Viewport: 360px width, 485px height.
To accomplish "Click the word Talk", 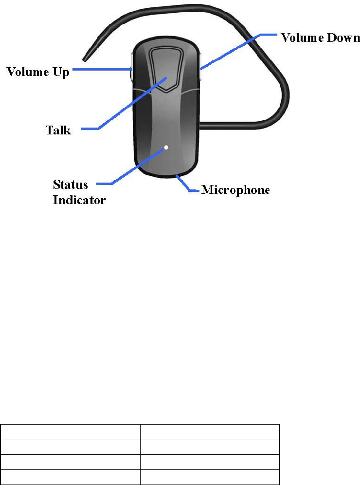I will pos(58,130).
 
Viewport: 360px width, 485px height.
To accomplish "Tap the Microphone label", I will pos(235,189).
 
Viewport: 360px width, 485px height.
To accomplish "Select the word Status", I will pos(71,185).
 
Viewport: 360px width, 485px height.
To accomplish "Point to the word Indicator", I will pos(79,200).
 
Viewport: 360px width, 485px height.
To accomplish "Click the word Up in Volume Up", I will pos(60,73).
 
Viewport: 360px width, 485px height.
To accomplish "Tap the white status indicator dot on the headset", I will pos(166,147).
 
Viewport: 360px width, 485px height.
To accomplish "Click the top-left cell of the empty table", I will pos(71,432).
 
